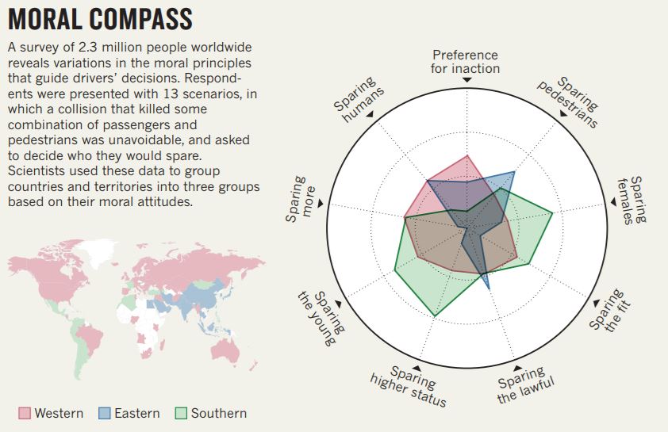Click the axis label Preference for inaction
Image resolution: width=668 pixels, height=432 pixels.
coord(466,61)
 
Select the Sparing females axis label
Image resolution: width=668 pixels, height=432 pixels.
coord(632,200)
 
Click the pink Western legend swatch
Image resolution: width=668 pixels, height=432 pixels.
coord(25,413)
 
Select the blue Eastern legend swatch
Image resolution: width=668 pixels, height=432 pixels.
coord(105,413)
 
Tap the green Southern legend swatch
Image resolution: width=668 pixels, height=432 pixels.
coord(181,413)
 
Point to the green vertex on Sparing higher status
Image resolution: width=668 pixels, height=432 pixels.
coord(435,317)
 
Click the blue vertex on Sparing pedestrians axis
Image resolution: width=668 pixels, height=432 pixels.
coord(514,172)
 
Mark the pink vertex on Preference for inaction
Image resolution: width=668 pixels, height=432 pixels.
coord(467,155)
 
